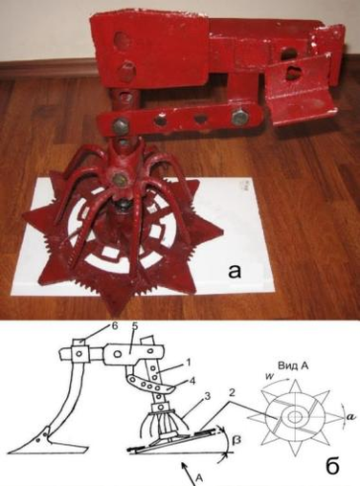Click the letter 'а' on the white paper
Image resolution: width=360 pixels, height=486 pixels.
pos(235,272)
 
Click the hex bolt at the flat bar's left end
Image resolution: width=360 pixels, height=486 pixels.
pos(121,126)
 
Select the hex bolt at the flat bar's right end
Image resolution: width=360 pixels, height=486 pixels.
pos(239,118)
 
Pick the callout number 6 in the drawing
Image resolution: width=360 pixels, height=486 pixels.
pos(115,326)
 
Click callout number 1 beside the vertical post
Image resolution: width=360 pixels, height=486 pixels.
pos(189,363)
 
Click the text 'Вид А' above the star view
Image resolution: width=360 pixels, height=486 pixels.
pos(291,366)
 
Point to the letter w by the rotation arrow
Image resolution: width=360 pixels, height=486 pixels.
pos(269,375)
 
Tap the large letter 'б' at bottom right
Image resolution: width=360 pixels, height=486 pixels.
pos(332,465)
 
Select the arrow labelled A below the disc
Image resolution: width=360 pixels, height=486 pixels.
pos(188,469)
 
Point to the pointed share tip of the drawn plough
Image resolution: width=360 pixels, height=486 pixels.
pos(11,452)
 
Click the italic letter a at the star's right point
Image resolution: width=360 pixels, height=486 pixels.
pos(350,416)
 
